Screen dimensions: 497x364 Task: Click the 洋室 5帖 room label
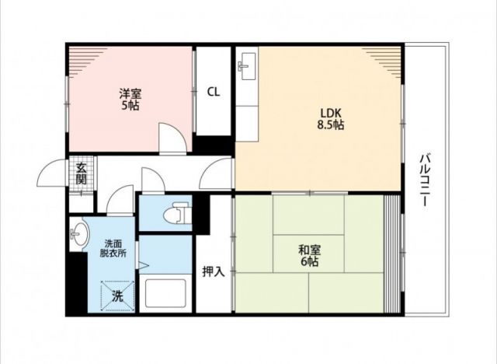(130, 100)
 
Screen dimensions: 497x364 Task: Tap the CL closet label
(214, 92)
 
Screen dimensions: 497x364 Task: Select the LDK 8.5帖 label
(331, 119)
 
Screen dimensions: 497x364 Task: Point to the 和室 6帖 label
(309, 256)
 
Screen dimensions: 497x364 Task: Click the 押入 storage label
(214, 271)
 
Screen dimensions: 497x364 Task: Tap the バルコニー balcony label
(426, 180)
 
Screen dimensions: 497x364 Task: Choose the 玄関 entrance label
(81, 174)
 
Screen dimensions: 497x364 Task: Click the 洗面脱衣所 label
(113, 248)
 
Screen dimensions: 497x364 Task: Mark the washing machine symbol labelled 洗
(117, 296)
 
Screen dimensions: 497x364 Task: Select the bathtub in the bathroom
(165, 293)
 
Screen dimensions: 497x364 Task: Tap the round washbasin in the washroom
(80, 234)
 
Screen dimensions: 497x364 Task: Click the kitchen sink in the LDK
(247, 66)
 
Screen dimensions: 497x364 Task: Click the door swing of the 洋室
(172, 138)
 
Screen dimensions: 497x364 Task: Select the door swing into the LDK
(217, 173)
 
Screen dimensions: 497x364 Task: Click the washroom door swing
(120, 201)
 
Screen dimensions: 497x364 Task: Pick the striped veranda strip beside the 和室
(392, 254)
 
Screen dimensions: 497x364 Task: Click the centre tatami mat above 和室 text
(308, 215)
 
